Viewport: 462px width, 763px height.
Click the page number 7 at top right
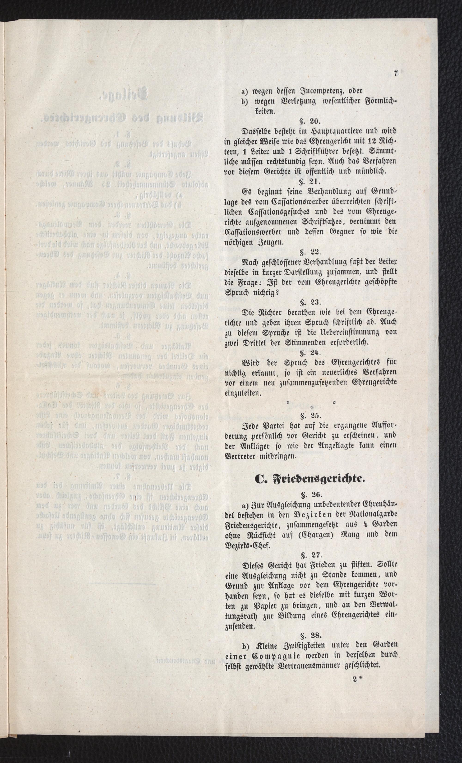tap(395, 73)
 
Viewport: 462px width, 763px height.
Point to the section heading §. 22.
tap(310, 252)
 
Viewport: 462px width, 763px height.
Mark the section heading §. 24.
tap(310, 352)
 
